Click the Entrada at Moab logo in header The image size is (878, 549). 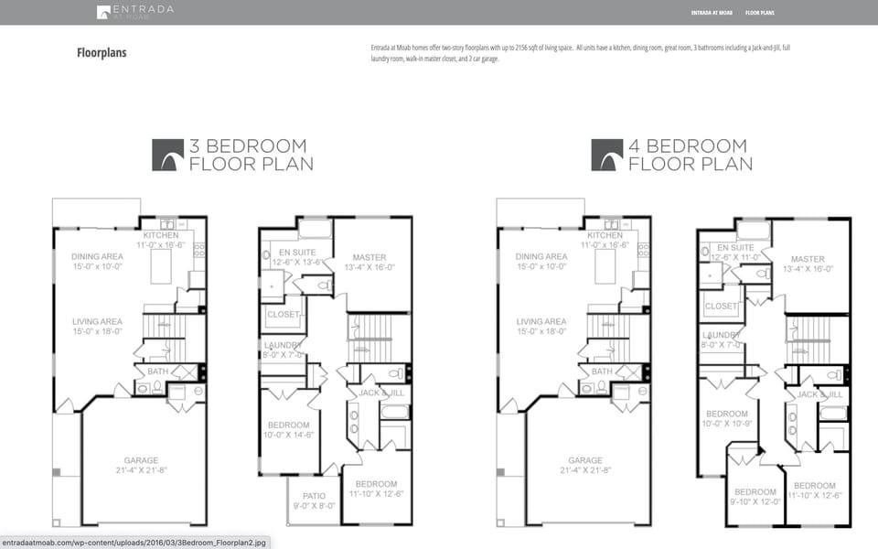pyautogui.click(x=134, y=12)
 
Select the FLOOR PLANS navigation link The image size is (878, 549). pyautogui.click(x=759, y=13)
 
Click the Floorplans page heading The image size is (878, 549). pyautogui.click(x=102, y=53)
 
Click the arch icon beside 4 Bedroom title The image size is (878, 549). pyautogui.click(x=607, y=155)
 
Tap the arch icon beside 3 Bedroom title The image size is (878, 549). pyautogui.click(x=168, y=155)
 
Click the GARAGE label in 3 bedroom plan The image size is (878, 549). pyautogui.click(x=141, y=460)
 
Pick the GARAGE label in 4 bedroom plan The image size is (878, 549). pyautogui.click(x=585, y=460)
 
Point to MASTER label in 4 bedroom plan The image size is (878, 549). pyautogui.click(x=808, y=259)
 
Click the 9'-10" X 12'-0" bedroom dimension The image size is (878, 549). pyautogui.click(x=755, y=501)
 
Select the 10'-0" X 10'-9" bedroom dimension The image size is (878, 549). pyautogui.click(x=727, y=424)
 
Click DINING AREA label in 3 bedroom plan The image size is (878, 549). pyautogui.click(x=97, y=256)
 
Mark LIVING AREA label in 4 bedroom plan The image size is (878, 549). pyautogui.click(x=541, y=322)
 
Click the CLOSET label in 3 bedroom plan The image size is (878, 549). pyautogui.click(x=283, y=314)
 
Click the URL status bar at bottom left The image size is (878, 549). pyautogui.click(x=134, y=542)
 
